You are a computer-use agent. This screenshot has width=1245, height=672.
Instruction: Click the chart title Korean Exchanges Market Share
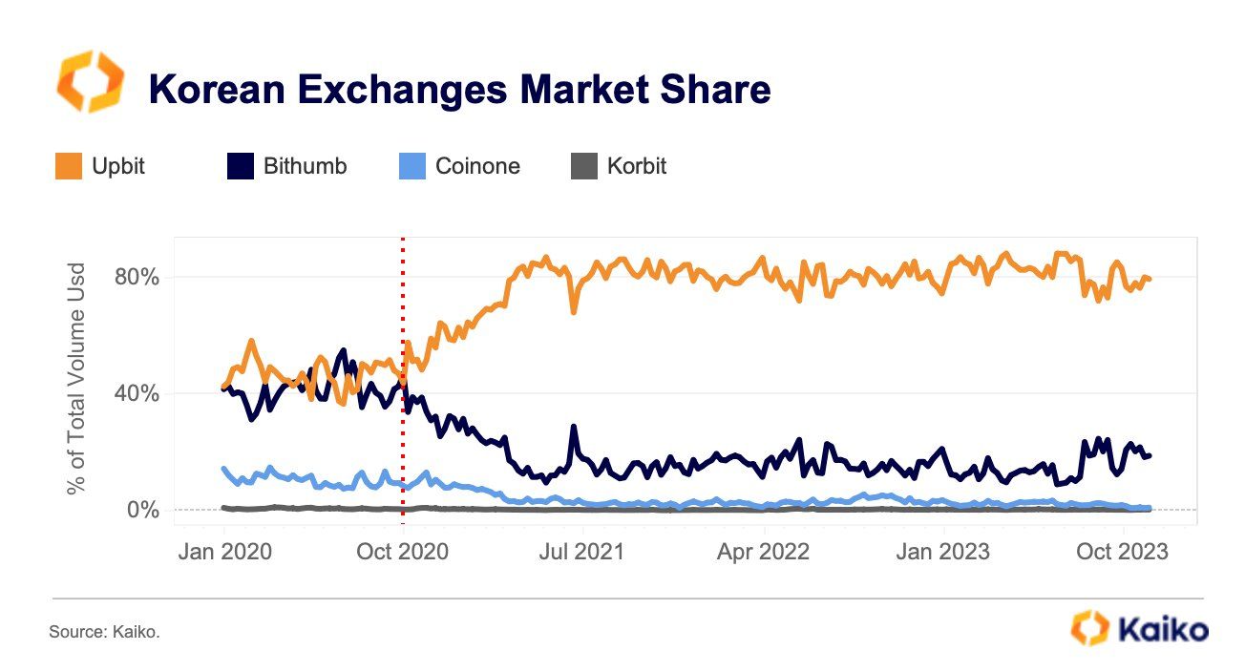click(458, 90)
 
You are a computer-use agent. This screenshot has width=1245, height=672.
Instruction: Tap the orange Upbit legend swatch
click(69, 166)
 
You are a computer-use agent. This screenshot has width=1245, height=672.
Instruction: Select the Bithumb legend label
click(306, 166)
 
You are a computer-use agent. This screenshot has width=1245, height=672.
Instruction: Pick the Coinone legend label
click(477, 166)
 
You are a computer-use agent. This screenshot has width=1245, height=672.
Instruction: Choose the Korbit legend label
click(636, 166)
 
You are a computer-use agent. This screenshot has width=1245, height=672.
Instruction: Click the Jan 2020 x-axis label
click(224, 552)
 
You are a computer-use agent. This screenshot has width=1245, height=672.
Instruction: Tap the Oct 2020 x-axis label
click(402, 552)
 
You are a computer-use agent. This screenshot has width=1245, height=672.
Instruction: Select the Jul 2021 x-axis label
click(582, 552)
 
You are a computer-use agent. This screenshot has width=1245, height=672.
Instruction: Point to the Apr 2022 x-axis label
click(764, 552)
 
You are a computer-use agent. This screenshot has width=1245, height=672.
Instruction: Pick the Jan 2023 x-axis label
click(943, 552)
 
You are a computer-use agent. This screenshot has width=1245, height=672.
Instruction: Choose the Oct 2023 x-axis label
click(1121, 552)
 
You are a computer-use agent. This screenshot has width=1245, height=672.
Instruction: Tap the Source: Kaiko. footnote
click(104, 631)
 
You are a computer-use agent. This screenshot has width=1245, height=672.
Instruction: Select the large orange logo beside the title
click(90, 82)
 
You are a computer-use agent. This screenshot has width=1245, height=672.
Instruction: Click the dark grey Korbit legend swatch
click(582, 166)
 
